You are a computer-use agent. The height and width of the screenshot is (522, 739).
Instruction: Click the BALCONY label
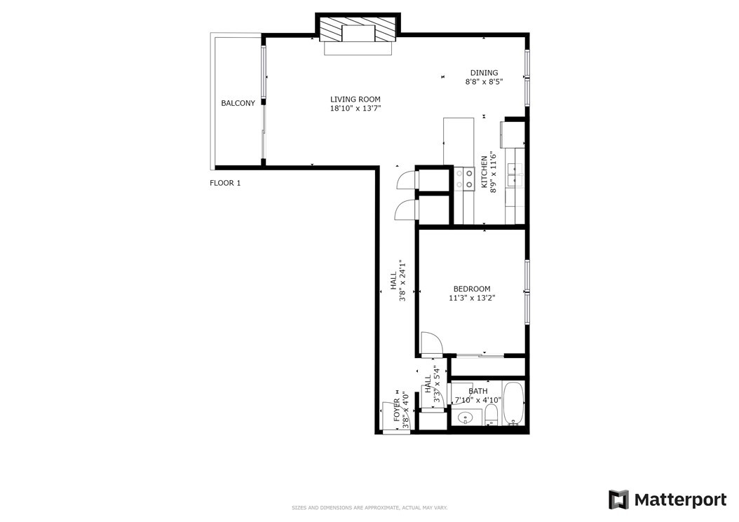pyautogui.click(x=238, y=103)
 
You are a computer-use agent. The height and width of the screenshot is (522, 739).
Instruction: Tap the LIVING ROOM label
pyautogui.click(x=355, y=99)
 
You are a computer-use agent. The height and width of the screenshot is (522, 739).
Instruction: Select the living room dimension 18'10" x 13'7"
pyautogui.click(x=355, y=109)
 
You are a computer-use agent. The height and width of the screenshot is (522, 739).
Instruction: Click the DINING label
pyautogui.click(x=484, y=73)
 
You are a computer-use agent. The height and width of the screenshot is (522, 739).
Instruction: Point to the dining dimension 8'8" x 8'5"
pyautogui.click(x=484, y=81)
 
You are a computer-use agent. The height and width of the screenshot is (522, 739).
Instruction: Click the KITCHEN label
pyautogui.click(x=484, y=172)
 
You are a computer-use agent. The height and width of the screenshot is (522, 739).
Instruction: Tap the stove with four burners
pyautogui.click(x=463, y=179)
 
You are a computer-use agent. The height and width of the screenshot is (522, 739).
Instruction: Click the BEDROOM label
pyautogui.click(x=472, y=289)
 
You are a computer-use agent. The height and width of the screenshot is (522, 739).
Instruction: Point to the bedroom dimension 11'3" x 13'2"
pyautogui.click(x=472, y=298)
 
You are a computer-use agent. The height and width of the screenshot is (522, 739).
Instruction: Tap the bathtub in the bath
pyautogui.click(x=513, y=404)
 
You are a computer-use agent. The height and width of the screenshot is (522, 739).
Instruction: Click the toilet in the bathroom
pyautogui.click(x=491, y=415)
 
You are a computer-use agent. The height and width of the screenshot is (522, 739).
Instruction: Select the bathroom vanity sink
pyautogui.click(x=466, y=418)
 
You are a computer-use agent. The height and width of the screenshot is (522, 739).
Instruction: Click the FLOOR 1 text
pyautogui.click(x=225, y=184)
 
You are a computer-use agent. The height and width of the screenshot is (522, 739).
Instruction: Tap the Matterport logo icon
pyautogui.click(x=618, y=500)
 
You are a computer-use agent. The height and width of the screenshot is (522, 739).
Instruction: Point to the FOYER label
pyautogui.click(x=397, y=411)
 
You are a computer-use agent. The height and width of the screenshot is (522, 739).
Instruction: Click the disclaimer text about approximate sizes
pyautogui.click(x=369, y=508)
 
